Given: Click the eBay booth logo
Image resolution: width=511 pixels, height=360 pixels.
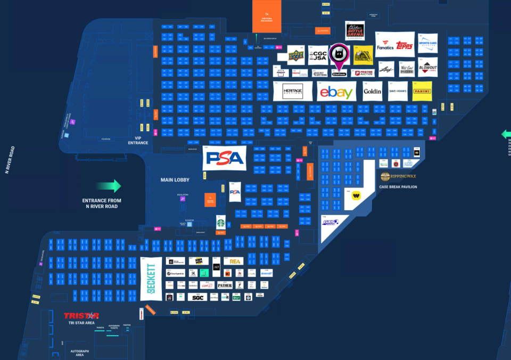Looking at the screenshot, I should [x=336, y=92].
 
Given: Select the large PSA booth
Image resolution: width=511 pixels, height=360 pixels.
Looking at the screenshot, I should [x=225, y=158].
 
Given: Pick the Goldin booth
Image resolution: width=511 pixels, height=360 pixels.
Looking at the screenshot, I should [x=373, y=92].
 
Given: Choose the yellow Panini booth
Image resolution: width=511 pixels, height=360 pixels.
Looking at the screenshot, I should [x=422, y=92].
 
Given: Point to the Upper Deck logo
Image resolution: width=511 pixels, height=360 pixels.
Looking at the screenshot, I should [x=296, y=55].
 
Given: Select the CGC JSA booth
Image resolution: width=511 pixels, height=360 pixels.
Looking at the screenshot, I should [x=318, y=55].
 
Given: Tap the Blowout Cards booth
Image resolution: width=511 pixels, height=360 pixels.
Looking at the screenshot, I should [x=427, y=68].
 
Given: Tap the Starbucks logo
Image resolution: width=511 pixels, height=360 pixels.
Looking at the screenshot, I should [x=221, y=222].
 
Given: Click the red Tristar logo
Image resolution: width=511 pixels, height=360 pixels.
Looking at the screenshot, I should [x=81, y=316].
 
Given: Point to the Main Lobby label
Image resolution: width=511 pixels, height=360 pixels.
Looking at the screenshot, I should [x=176, y=180].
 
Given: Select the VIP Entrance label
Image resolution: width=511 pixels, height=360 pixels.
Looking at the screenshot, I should [x=138, y=141].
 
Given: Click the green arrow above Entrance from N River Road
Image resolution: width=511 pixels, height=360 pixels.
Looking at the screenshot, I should [x=109, y=186].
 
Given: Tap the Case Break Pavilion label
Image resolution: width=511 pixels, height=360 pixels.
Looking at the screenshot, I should [x=398, y=187].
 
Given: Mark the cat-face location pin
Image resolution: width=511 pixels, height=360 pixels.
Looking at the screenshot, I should [x=339, y=55].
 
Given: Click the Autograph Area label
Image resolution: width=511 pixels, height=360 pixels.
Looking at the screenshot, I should [x=80, y=353].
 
